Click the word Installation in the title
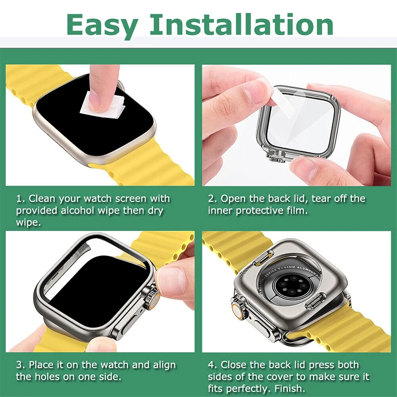[242, 23]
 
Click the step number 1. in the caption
[20, 198]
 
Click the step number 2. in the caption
[212, 198]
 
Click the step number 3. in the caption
[20, 365]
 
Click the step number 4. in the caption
[212, 365]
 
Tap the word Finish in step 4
[288, 389]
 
